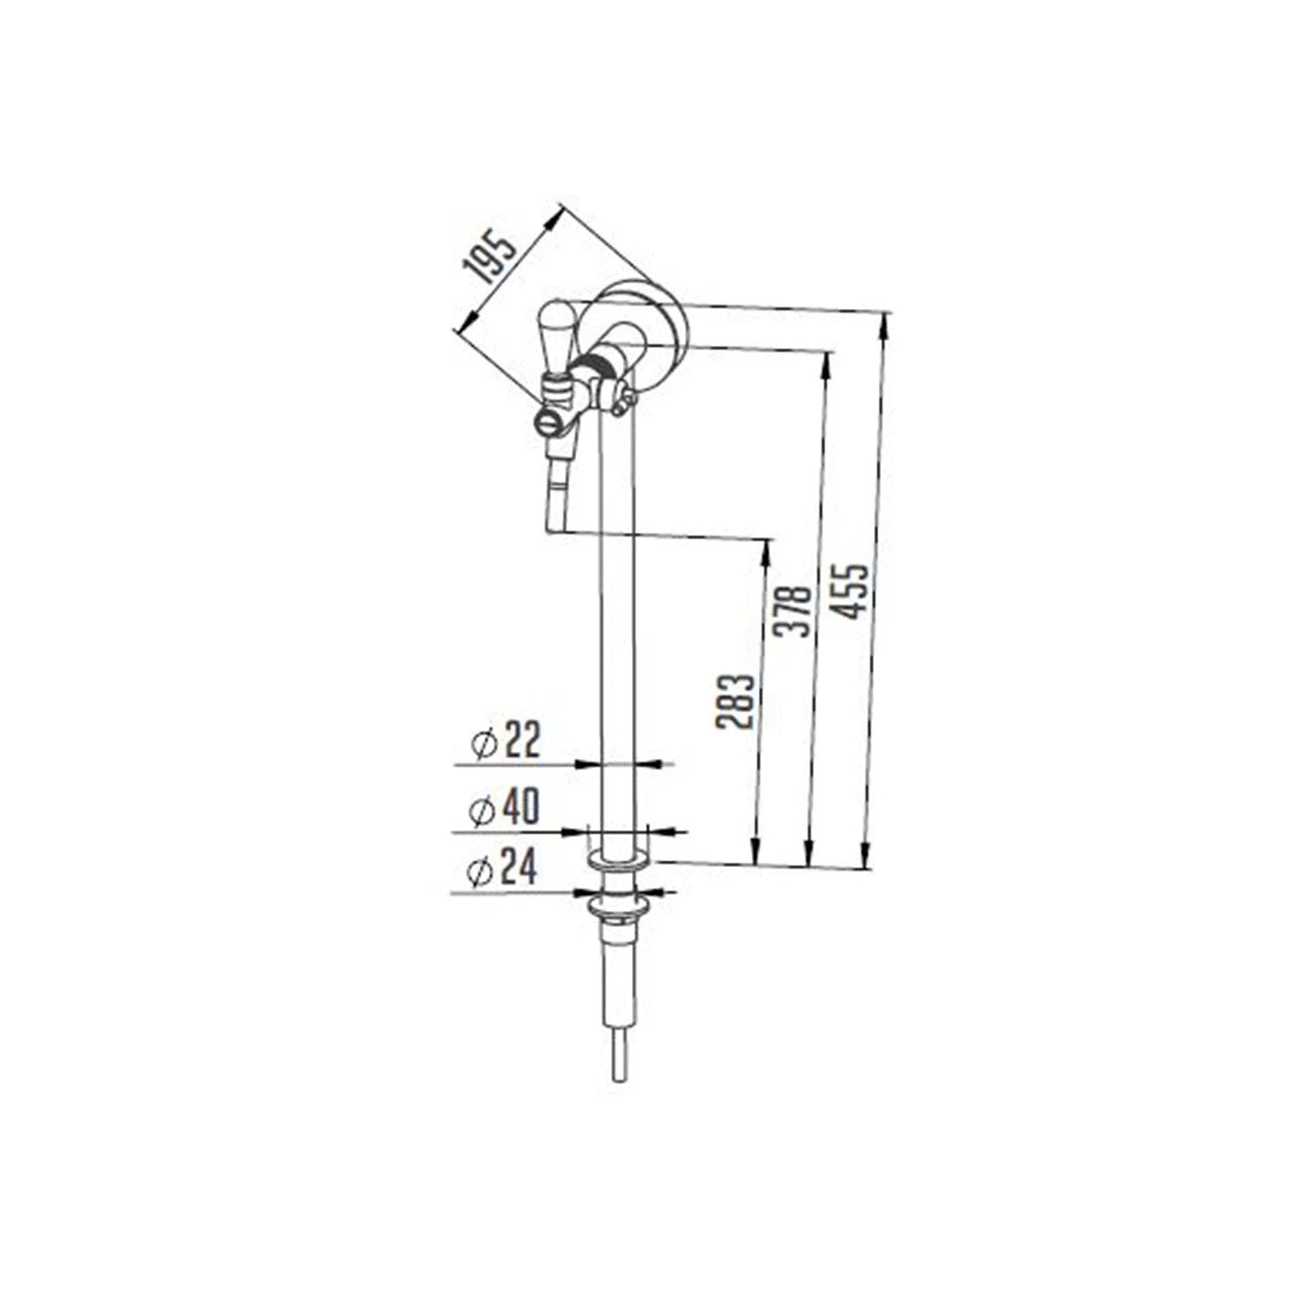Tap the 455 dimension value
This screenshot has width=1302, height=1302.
click(847, 592)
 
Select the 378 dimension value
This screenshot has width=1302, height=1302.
click(793, 611)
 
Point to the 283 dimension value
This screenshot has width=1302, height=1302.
click(735, 700)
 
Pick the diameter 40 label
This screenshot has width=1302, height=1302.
click(503, 807)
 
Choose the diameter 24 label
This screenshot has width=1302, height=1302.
click(502, 869)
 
